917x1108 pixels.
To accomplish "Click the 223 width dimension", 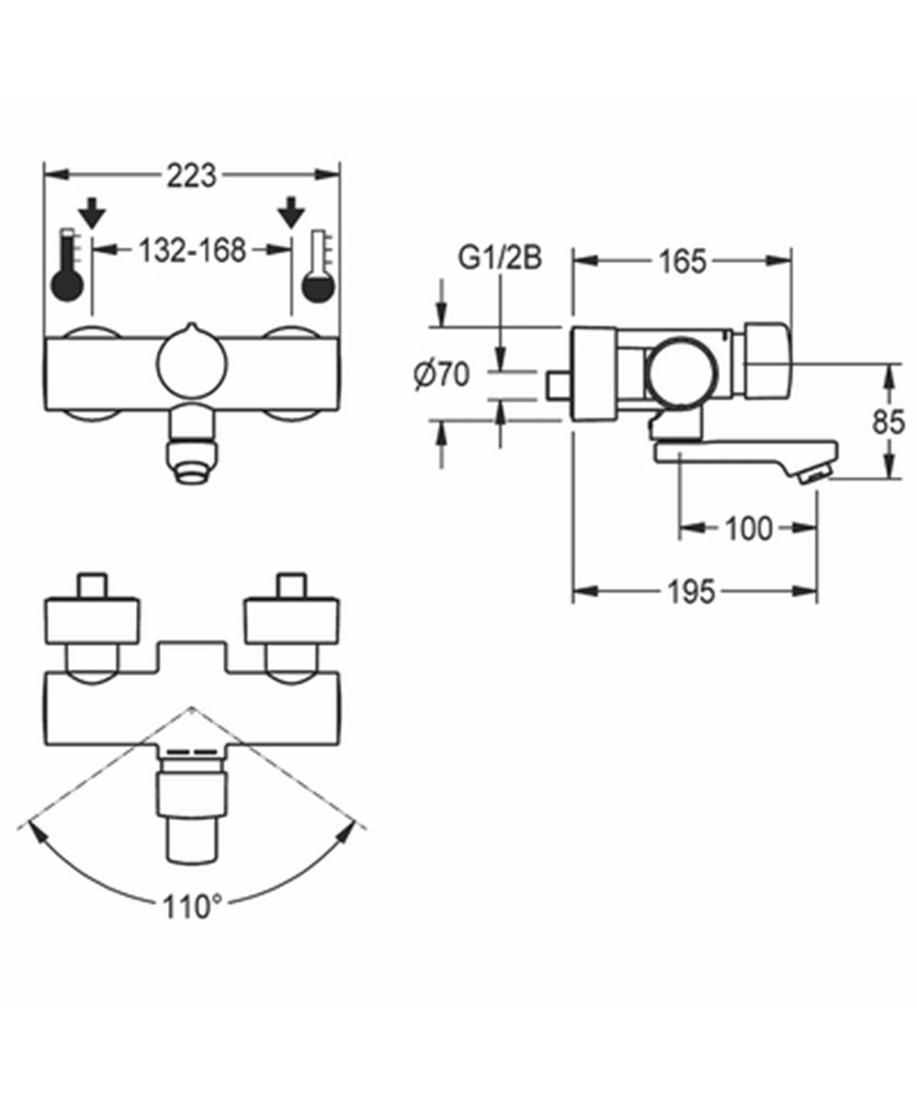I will coord(193,174).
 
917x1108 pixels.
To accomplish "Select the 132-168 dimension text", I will coord(193,249).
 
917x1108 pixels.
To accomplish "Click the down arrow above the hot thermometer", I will coord(92,214).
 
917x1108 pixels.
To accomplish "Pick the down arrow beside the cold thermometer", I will coord(293,214).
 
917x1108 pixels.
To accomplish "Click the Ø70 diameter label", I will coord(442,375).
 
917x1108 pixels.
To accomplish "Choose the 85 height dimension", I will coord(884,423).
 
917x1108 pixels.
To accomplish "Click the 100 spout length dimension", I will coord(747,528).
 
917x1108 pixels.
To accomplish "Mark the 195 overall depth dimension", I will coord(691,593).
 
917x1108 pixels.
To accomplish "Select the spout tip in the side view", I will coord(812,471).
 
